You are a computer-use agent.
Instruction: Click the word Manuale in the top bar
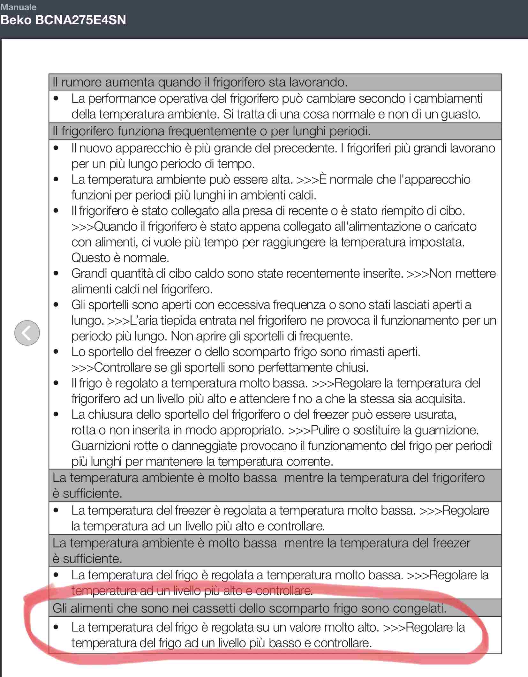(x=19, y=7)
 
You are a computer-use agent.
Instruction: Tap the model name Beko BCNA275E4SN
(x=63, y=20)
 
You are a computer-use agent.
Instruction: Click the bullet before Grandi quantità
(x=56, y=274)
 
